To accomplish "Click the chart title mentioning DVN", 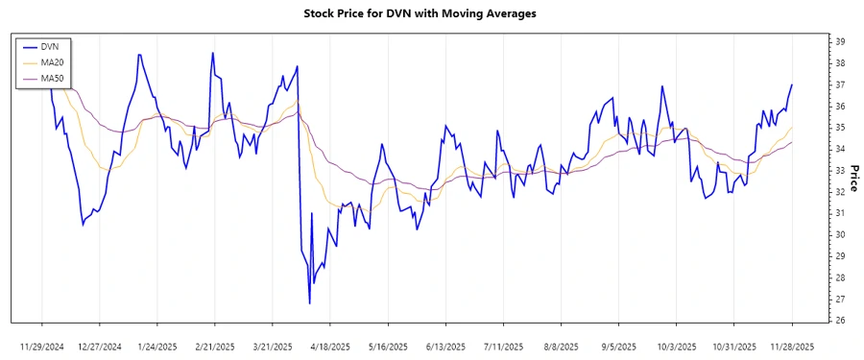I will (x=432, y=13).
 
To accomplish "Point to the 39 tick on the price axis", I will (x=839, y=41).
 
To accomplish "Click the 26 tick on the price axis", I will (x=839, y=321).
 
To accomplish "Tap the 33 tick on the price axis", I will (x=839, y=170).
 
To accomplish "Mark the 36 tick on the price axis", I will (x=839, y=106).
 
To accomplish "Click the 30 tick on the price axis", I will (x=839, y=234).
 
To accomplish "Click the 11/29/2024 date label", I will (x=42, y=346).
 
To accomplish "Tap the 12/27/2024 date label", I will (x=100, y=346).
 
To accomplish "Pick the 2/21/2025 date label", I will (x=215, y=346).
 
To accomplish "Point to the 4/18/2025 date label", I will (x=330, y=346).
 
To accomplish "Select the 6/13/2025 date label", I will (x=445, y=346).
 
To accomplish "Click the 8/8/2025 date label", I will (x=561, y=346).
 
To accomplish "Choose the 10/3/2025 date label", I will (x=676, y=346).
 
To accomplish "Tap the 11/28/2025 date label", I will (x=791, y=346).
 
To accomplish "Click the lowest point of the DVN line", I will (x=309, y=303).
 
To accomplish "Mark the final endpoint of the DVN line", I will (x=792, y=84).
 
